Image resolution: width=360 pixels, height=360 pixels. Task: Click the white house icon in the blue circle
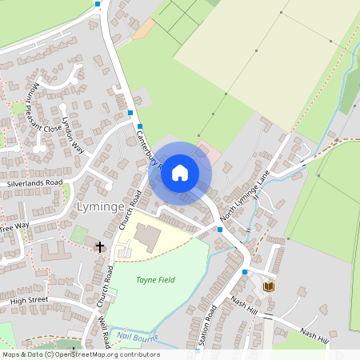coord(180,172)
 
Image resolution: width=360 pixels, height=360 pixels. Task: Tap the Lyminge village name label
coord(100,208)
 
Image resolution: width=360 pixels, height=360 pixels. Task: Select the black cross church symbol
coord(100,247)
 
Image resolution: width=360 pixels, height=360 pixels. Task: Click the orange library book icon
coord(270,286)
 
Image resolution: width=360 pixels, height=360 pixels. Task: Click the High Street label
coord(30,299)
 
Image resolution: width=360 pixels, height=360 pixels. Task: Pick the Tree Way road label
coord(14,226)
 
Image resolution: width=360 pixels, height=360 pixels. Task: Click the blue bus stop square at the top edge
coord(98,4)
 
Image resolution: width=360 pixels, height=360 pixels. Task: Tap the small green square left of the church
coord(78,235)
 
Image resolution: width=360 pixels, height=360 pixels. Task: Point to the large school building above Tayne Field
coord(146,236)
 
